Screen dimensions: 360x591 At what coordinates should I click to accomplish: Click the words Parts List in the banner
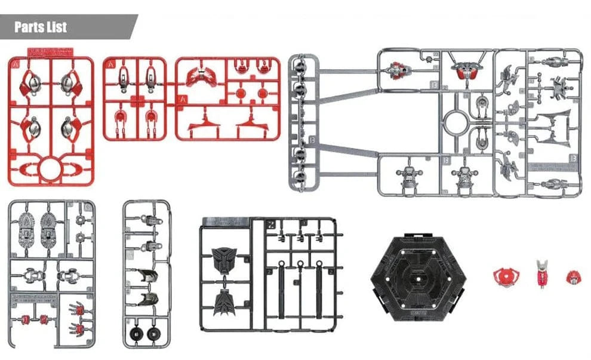click(41, 27)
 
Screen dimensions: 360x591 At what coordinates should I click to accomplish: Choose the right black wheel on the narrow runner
click(155, 333)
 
